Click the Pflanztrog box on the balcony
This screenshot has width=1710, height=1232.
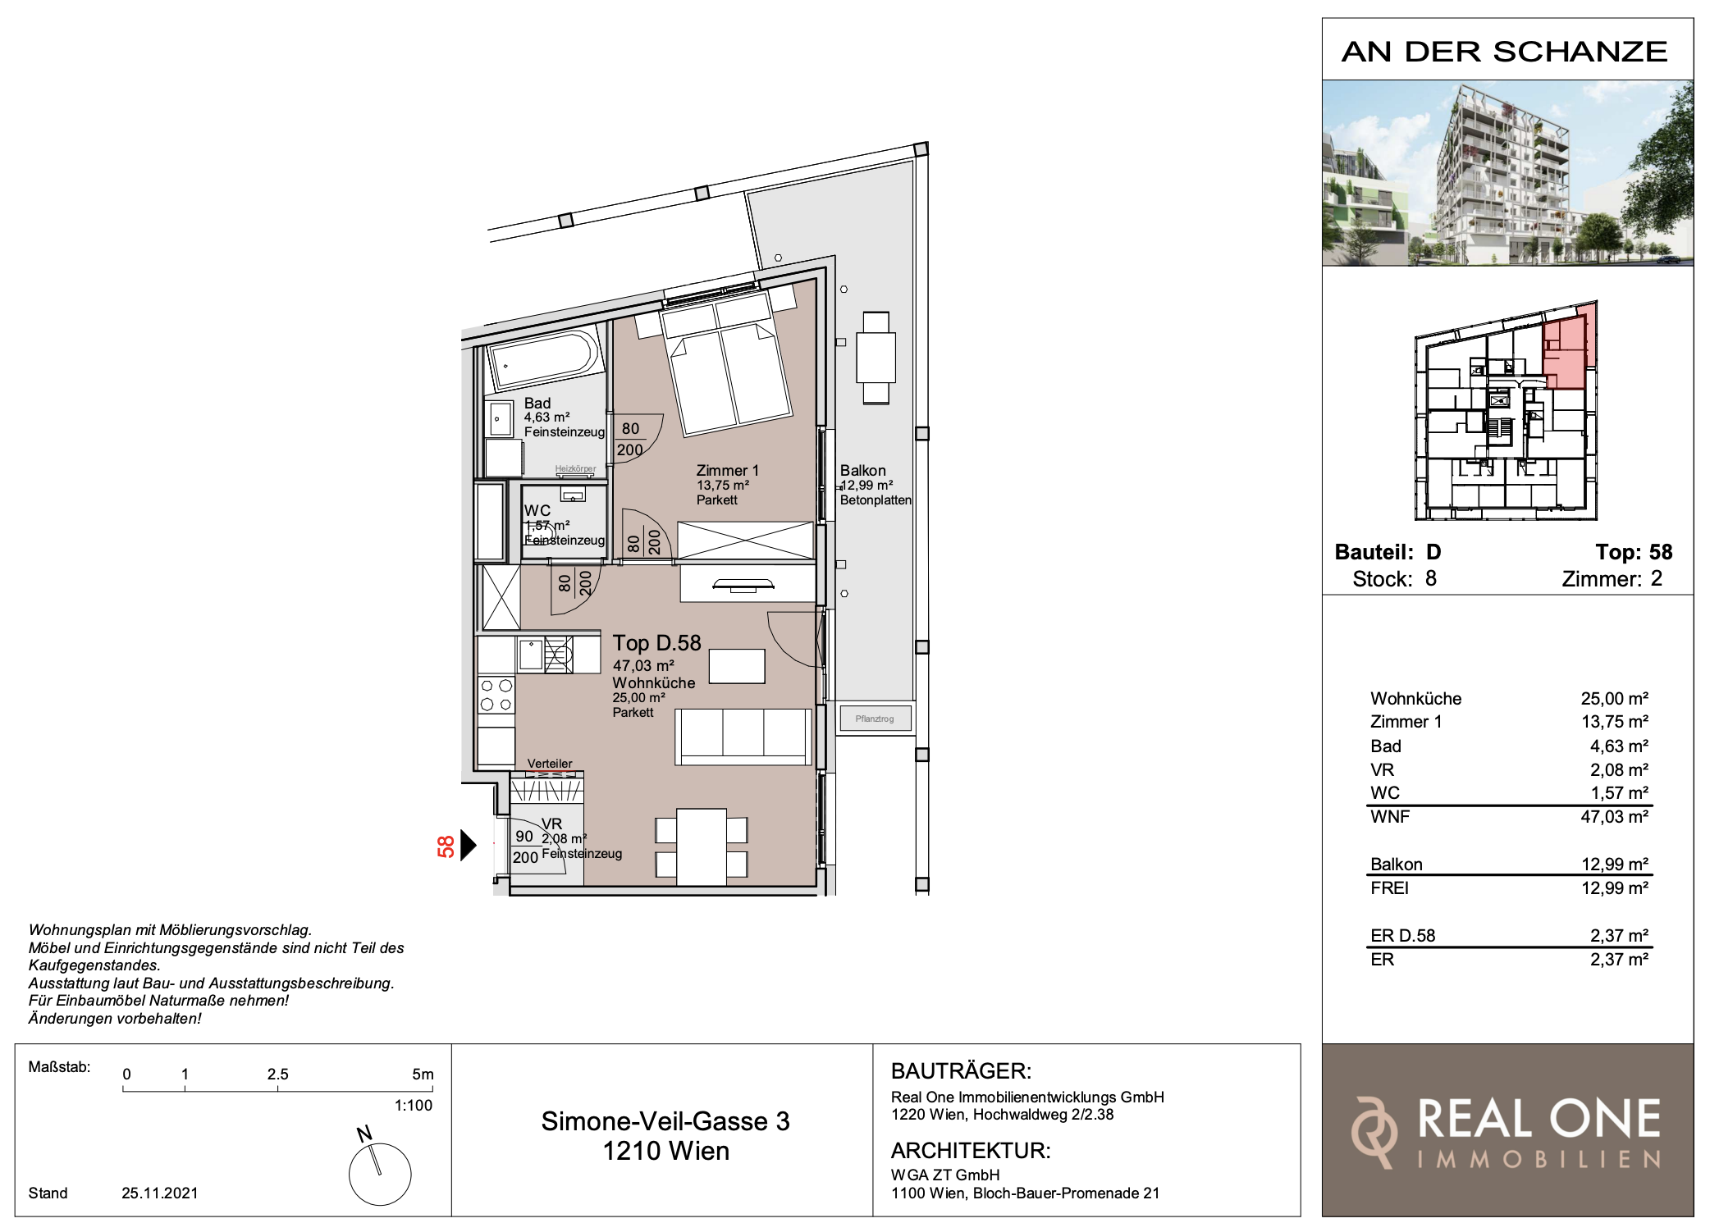click(x=875, y=719)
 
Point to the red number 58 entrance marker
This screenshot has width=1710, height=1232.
click(x=446, y=846)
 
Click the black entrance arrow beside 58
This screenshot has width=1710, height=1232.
click(x=469, y=846)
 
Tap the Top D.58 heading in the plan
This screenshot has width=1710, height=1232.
click(x=656, y=643)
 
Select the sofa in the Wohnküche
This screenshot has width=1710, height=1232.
click(x=743, y=737)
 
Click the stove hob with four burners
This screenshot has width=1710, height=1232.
click(x=496, y=696)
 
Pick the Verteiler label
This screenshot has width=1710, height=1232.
click(x=550, y=764)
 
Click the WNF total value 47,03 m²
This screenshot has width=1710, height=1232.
click(x=1614, y=817)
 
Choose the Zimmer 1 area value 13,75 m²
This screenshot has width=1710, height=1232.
click(x=1614, y=722)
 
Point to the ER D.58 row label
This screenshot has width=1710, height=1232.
click(x=1402, y=936)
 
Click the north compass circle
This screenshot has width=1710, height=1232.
click(x=380, y=1175)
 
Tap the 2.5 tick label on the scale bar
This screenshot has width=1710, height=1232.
click(x=277, y=1075)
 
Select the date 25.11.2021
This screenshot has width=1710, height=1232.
click(x=160, y=1193)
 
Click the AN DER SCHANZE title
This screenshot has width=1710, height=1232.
click(x=1505, y=52)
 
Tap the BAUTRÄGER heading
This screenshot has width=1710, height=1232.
click(x=961, y=1071)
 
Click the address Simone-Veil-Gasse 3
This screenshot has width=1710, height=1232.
click(x=665, y=1121)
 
